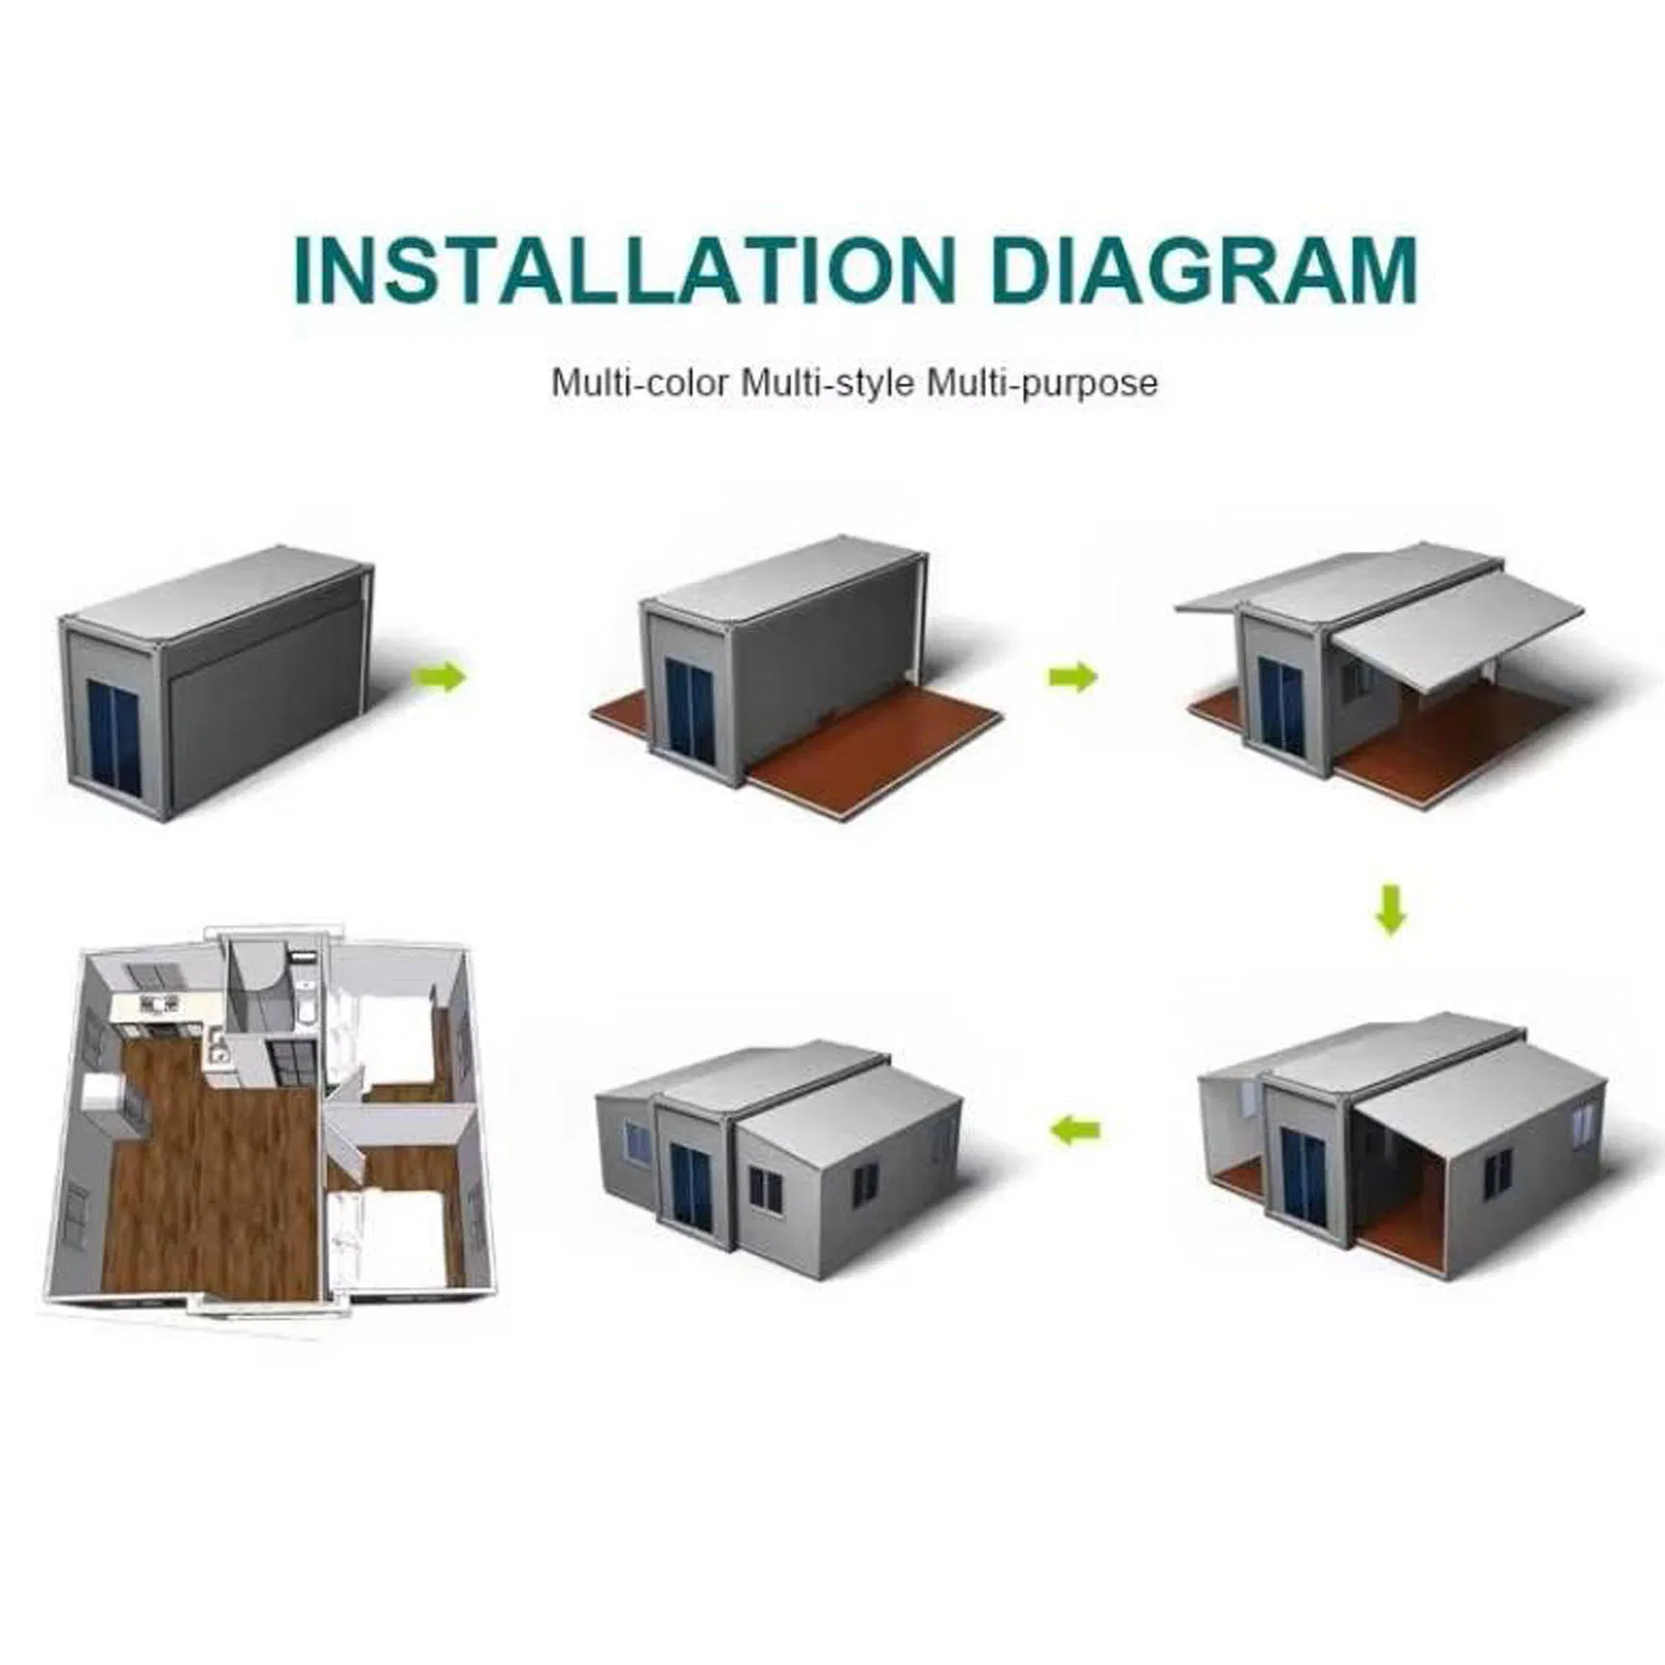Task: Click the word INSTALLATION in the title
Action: pyautogui.click(x=623, y=269)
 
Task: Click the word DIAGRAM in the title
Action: pyautogui.click(x=1204, y=269)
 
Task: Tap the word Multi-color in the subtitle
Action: pyautogui.click(x=640, y=383)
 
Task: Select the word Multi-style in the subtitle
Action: pyautogui.click(x=827, y=383)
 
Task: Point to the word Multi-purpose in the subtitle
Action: pyautogui.click(x=1042, y=383)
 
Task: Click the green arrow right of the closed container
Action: pyautogui.click(x=439, y=677)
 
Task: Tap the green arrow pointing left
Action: pyautogui.click(x=1075, y=1128)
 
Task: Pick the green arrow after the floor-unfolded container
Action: pyautogui.click(x=1072, y=677)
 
